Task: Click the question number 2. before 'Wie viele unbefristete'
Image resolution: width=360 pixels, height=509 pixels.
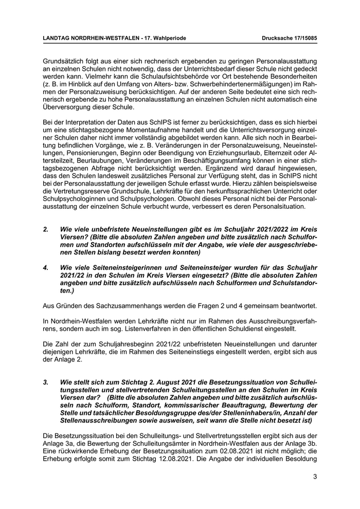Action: coord(46,229)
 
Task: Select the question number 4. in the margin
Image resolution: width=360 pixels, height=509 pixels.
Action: coord(46,267)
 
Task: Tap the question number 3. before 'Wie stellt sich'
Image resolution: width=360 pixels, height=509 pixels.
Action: coord(46,383)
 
